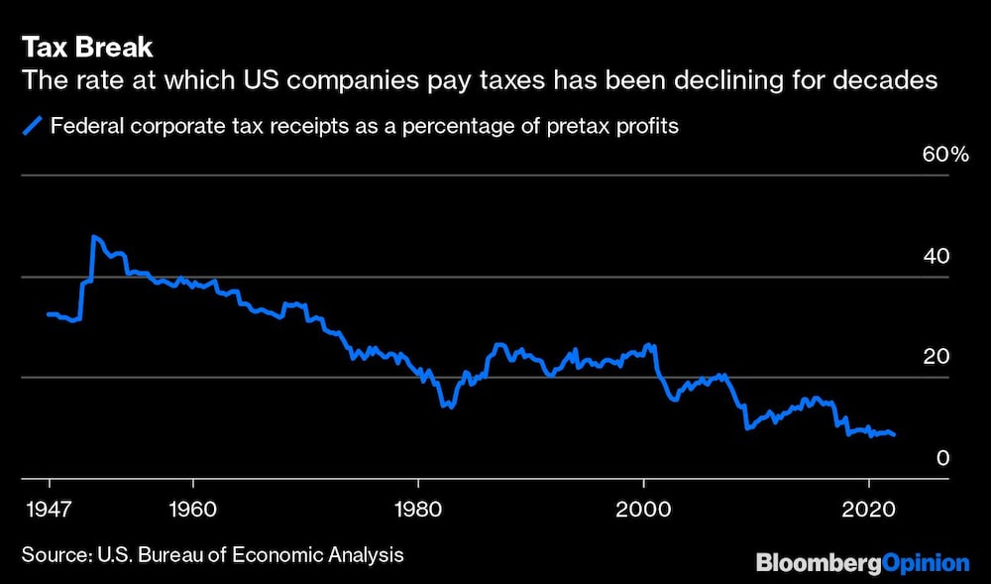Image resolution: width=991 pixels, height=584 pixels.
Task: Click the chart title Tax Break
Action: [86, 48]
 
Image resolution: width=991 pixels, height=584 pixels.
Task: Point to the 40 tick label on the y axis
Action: [936, 256]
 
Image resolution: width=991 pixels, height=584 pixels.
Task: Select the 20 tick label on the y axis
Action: [936, 357]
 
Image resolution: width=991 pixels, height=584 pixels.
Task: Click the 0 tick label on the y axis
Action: [943, 458]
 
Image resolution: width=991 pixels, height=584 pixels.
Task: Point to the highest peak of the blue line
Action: [93, 237]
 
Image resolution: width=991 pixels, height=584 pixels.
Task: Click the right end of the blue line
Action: [894, 434]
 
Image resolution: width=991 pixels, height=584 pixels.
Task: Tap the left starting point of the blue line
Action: [48, 314]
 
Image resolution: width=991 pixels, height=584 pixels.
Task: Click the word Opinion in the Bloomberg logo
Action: [921, 563]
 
